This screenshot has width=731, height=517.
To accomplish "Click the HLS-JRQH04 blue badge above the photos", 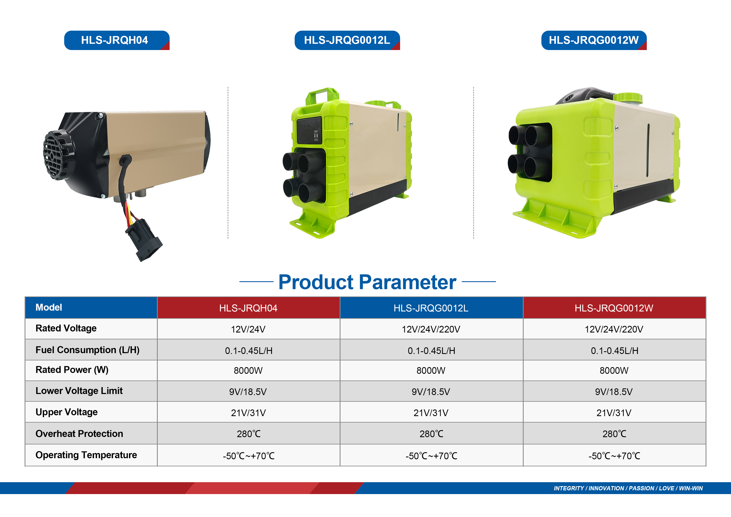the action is (x=116, y=40).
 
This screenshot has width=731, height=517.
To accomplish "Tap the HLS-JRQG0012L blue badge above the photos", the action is (x=347, y=40).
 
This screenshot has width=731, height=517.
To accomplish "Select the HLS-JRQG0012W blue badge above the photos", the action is (x=594, y=40).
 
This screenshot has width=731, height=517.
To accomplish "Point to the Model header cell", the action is (x=91, y=308).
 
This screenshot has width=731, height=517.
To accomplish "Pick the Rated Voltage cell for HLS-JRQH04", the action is (x=248, y=329).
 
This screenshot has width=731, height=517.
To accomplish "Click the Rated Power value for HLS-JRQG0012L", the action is (x=431, y=370).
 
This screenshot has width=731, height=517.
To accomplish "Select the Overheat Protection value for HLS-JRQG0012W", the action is (x=614, y=434).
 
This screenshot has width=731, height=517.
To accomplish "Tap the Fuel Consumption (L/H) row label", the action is (x=88, y=350).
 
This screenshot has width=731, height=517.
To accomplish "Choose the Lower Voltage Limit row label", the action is (x=79, y=391).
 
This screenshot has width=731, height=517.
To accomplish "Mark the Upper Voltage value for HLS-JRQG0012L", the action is (x=431, y=413).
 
